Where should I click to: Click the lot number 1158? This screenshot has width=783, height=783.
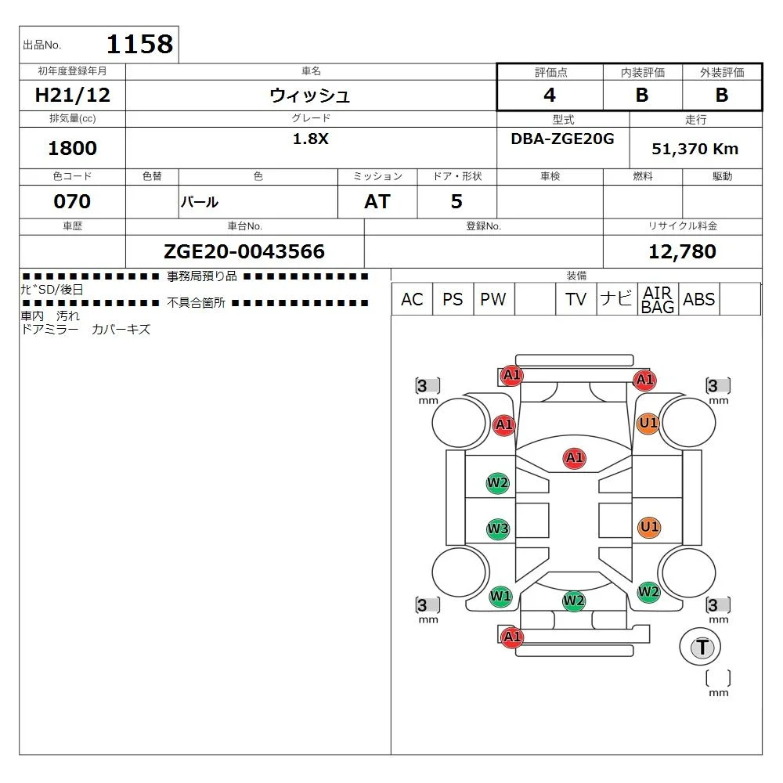(x=139, y=44)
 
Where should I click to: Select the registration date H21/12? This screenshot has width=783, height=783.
(x=73, y=96)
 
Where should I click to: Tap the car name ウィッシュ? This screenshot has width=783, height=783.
(x=310, y=96)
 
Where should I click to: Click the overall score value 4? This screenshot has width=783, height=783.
(x=550, y=96)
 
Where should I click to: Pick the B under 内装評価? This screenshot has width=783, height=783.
(x=642, y=96)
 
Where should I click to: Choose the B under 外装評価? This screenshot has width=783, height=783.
(x=722, y=96)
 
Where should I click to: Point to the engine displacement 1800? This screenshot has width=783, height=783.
(x=73, y=148)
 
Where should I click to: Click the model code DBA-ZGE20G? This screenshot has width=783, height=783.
(x=562, y=139)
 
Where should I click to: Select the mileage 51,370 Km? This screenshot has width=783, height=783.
(x=695, y=149)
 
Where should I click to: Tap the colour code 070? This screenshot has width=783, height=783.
(x=72, y=201)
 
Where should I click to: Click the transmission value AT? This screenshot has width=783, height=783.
(x=377, y=201)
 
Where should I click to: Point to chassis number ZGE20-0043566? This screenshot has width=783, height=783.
(x=244, y=251)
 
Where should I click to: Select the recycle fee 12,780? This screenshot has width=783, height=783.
(x=682, y=251)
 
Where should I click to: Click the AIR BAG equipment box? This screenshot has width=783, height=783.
(x=658, y=299)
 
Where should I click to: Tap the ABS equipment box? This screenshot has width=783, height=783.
(x=698, y=299)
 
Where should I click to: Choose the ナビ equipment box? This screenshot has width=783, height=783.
(x=616, y=299)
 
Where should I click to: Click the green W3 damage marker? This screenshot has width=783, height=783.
(x=498, y=529)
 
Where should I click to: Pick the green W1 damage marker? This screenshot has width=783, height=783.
(x=500, y=597)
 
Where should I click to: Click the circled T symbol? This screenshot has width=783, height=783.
(x=702, y=647)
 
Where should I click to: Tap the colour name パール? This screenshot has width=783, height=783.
(x=200, y=202)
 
